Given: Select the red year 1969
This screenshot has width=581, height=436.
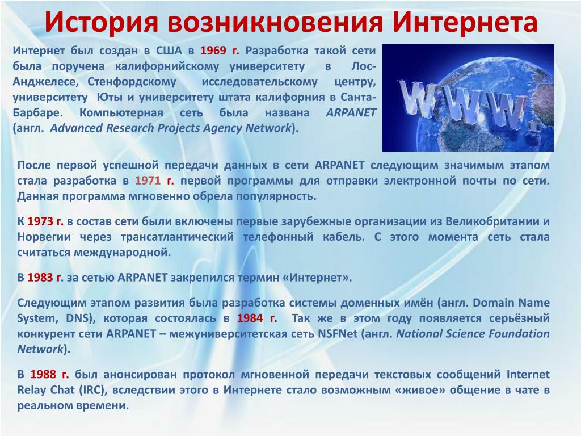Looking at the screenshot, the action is click(x=213, y=51).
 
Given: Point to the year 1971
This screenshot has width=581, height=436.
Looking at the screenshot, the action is click(x=148, y=181).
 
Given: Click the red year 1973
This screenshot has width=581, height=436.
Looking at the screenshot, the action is click(x=40, y=221).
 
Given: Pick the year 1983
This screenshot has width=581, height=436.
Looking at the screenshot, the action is click(x=40, y=277).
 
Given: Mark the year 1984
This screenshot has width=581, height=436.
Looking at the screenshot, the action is click(x=250, y=318).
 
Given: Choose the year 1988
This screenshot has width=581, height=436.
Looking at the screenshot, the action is click(x=43, y=374).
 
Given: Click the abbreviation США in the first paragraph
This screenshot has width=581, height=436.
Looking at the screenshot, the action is click(x=169, y=51).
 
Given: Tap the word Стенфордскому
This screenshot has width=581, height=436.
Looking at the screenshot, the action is click(x=132, y=82).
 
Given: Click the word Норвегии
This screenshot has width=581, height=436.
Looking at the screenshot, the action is click(x=44, y=237).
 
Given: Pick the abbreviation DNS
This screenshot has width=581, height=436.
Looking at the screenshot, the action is click(x=78, y=318).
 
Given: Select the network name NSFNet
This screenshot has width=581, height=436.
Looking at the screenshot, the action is click(x=338, y=334).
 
